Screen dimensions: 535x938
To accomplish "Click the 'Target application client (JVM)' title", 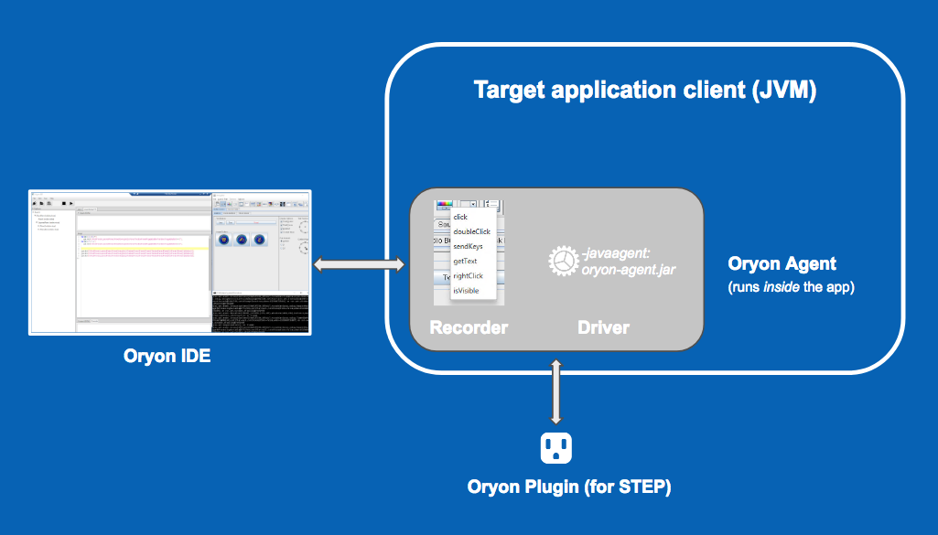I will click(x=644, y=91).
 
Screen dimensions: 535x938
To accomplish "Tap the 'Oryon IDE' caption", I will click(x=167, y=356).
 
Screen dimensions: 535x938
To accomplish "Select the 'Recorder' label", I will click(x=469, y=327).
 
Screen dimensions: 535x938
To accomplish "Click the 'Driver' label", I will click(x=603, y=327).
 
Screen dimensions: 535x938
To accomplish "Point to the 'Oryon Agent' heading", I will click(x=782, y=264).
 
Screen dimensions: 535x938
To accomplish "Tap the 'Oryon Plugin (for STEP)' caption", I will click(x=569, y=487).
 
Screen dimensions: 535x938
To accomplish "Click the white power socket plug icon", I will click(x=556, y=447).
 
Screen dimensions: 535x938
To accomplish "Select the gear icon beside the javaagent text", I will click(x=563, y=262).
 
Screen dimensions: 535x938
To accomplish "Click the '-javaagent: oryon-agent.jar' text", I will click(x=622, y=262).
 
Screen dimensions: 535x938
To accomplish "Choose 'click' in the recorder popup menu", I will click(x=460, y=217).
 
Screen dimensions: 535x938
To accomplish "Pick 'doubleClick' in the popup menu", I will click(x=472, y=231).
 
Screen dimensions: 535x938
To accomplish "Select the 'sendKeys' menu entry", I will click(x=468, y=246).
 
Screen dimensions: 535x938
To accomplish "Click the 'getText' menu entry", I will click(x=466, y=261).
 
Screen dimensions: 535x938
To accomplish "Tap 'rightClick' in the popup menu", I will click(x=468, y=275).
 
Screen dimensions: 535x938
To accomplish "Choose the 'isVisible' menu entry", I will click(x=466, y=290).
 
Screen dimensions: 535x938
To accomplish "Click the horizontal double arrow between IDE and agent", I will click(x=360, y=265).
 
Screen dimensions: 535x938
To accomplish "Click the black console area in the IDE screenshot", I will click(x=261, y=315).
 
